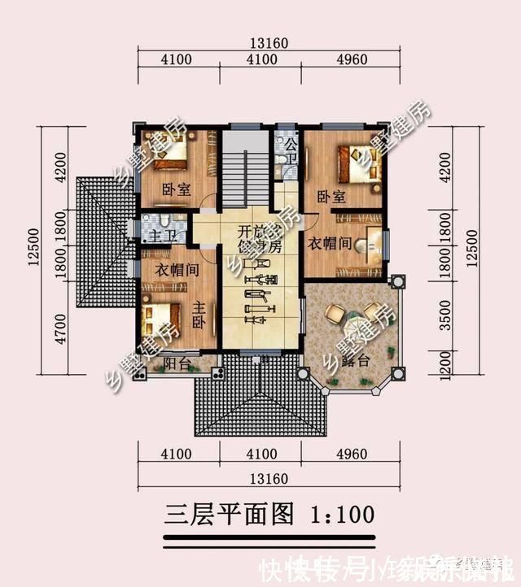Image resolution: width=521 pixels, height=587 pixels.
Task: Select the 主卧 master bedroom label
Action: click(x=198, y=314)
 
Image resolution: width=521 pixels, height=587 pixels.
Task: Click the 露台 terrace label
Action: click(x=352, y=361)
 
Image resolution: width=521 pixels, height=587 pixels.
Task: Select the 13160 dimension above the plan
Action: click(x=269, y=43)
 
